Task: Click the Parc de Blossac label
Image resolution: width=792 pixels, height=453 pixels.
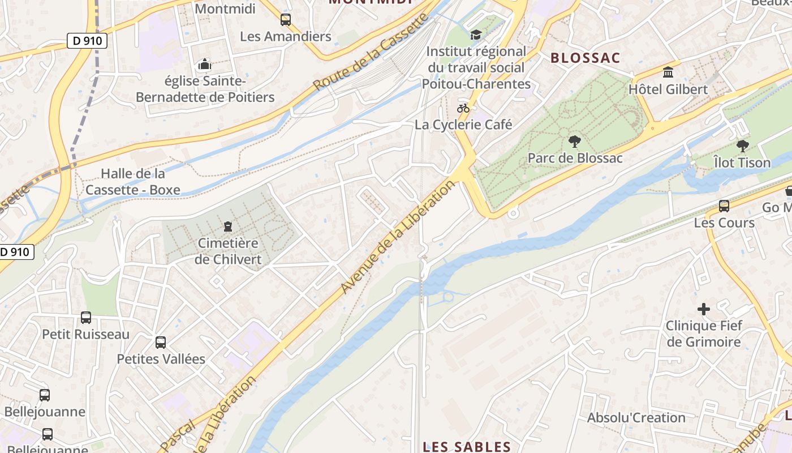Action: point(575,158)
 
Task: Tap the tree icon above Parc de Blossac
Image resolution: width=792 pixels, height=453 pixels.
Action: point(575,141)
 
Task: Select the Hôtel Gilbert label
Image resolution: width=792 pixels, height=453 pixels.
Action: point(668,89)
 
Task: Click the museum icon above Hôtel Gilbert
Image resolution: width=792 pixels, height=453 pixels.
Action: point(668,72)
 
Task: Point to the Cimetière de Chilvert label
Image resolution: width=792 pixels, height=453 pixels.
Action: point(228,251)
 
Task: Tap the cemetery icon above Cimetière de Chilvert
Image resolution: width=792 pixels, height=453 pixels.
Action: point(228,226)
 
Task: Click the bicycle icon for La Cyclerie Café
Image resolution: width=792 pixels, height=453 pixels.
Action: point(463,108)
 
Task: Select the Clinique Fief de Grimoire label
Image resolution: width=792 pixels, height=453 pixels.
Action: point(704,334)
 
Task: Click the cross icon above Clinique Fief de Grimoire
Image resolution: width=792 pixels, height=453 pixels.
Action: point(704,309)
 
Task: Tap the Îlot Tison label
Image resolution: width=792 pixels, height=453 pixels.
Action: point(742,163)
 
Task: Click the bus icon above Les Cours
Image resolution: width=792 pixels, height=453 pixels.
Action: point(724,206)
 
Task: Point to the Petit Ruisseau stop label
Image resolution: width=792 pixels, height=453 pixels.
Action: point(86,335)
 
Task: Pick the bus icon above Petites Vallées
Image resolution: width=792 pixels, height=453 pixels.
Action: point(161,343)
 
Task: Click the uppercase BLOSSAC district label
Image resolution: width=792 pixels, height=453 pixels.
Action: point(585,58)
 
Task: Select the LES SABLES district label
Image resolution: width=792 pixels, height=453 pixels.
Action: point(467,447)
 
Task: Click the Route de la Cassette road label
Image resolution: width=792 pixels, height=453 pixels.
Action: point(371,52)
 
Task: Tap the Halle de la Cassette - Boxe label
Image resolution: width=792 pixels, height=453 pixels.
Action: point(133,182)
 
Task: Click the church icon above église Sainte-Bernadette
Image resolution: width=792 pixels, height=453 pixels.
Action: point(205,65)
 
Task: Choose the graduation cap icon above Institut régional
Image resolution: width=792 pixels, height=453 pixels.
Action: point(476,35)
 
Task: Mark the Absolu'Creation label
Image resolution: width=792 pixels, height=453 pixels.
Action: point(636,418)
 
